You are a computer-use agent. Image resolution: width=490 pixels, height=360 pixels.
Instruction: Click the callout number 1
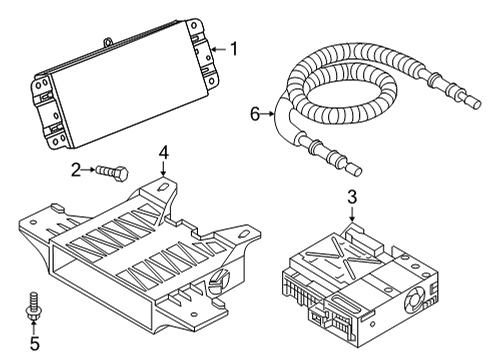[235, 49]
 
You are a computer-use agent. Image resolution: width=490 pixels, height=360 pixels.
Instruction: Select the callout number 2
[76, 170]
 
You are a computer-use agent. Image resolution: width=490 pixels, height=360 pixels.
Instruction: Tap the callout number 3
[352, 196]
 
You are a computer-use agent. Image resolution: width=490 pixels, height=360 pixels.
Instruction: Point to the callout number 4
[163, 153]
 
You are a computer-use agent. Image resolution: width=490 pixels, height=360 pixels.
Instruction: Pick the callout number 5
[35, 343]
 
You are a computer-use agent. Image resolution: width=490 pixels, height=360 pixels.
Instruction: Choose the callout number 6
[255, 114]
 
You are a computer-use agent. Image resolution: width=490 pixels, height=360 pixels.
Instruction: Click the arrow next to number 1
[219, 49]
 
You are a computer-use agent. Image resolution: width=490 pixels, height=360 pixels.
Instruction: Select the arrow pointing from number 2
[88, 170]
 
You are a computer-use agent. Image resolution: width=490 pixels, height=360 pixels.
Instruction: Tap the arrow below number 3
[352, 213]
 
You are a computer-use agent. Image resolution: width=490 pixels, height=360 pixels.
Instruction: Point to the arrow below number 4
[163, 169]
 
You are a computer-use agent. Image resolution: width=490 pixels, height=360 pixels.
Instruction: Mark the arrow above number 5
[34, 327]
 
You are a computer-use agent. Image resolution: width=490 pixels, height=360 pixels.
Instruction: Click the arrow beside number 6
[268, 114]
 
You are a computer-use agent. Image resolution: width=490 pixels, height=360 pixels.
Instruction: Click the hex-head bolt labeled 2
[112, 173]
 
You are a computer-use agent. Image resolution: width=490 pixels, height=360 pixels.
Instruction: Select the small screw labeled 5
[33, 306]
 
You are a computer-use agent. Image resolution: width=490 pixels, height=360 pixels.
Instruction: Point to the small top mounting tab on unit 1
[108, 42]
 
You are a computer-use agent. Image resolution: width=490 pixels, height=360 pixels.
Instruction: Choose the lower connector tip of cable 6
[355, 171]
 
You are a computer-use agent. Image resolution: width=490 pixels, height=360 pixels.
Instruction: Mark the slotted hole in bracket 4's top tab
[163, 187]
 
